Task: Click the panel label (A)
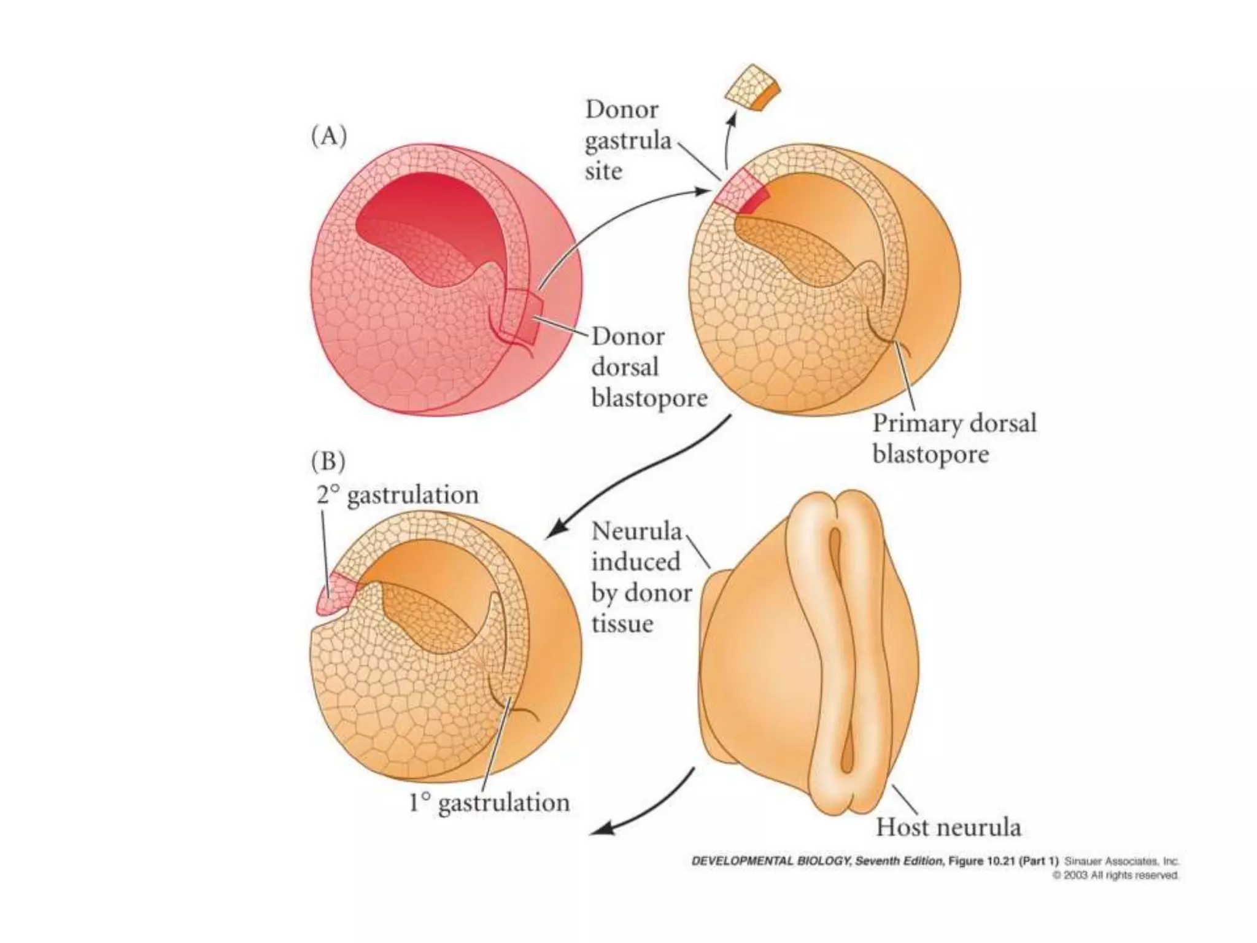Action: tap(329, 136)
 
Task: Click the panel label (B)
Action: tap(328, 461)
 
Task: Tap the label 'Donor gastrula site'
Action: tap(627, 141)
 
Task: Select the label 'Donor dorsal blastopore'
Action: tap(648, 367)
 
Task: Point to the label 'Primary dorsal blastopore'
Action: tap(954, 438)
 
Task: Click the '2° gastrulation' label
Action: tap(396, 495)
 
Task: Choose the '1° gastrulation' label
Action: tap(489, 802)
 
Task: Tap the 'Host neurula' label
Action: tap(948, 826)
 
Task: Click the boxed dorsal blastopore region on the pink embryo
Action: tap(520, 316)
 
